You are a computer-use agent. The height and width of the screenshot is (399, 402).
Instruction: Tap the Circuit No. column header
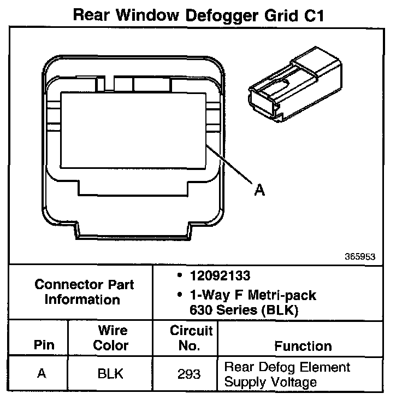pos(191,338)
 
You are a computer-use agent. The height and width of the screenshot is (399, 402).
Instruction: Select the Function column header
pos(303,346)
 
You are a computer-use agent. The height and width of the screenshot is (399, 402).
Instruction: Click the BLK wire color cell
pos(110,374)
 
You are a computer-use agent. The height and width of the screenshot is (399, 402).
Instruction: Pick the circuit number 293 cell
pos(189,374)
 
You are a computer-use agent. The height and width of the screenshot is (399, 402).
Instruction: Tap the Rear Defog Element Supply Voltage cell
pos(287,374)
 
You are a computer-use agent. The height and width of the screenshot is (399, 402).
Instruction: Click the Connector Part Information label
pos(84,292)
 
